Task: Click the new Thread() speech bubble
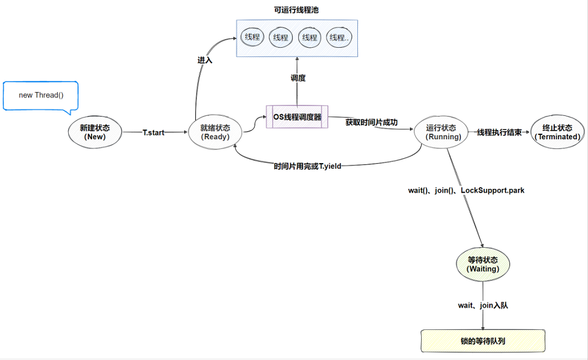(x=41, y=95)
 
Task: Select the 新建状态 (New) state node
(x=95, y=132)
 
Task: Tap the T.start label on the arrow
(x=153, y=132)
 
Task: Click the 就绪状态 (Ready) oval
(x=215, y=132)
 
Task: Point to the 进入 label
(x=204, y=60)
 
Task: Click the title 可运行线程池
(x=296, y=10)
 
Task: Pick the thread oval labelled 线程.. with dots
(x=339, y=37)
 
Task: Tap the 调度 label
(x=298, y=78)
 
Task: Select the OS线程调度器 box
(x=297, y=117)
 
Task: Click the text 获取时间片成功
(x=371, y=122)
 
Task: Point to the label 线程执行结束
(x=499, y=132)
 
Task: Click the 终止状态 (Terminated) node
(x=557, y=132)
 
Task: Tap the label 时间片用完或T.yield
(x=308, y=166)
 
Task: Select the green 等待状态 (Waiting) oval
(x=483, y=264)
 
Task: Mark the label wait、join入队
(x=483, y=305)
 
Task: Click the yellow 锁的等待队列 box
(x=483, y=340)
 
